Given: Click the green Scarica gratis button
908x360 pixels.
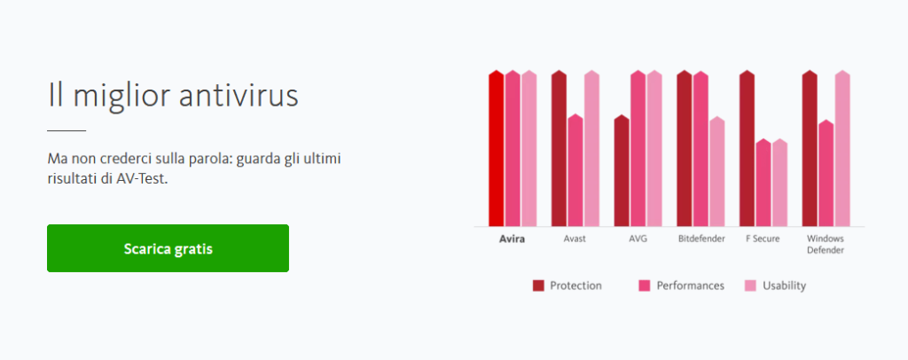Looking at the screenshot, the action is [x=168, y=248].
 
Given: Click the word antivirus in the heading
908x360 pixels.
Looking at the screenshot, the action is [x=239, y=96].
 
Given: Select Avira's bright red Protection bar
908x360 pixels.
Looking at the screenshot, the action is [x=497, y=148].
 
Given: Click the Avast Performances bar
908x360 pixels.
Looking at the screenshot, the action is [x=575, y=170].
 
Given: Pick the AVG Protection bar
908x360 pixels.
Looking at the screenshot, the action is [x=622, y=171].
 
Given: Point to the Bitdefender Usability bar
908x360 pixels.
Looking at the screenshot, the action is [x=716, y=171].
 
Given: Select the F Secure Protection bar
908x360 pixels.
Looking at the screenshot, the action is [x=747, y=148].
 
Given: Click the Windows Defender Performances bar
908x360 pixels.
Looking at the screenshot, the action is [x=826, y=173].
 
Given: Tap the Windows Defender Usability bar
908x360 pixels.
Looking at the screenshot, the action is [x=842, y=148].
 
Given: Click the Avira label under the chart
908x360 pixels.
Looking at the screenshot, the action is [x=512, y=239].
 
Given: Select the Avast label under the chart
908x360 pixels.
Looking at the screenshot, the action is [x=575, y=239].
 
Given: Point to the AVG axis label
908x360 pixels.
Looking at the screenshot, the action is [x=638, y=239].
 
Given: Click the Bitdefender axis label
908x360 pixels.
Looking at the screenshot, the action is [x=701, y=239].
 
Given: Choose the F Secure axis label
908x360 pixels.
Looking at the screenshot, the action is [x=763, y=239].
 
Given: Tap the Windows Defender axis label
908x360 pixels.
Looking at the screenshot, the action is [x=826, y=244].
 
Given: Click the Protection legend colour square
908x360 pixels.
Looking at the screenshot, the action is [x=538, y=286].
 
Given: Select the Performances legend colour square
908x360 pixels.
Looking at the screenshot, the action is [x=645, y=286].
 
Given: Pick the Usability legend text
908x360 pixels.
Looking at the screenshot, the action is [x=784, y=286].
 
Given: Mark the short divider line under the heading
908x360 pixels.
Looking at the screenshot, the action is [x=67, y=131].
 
